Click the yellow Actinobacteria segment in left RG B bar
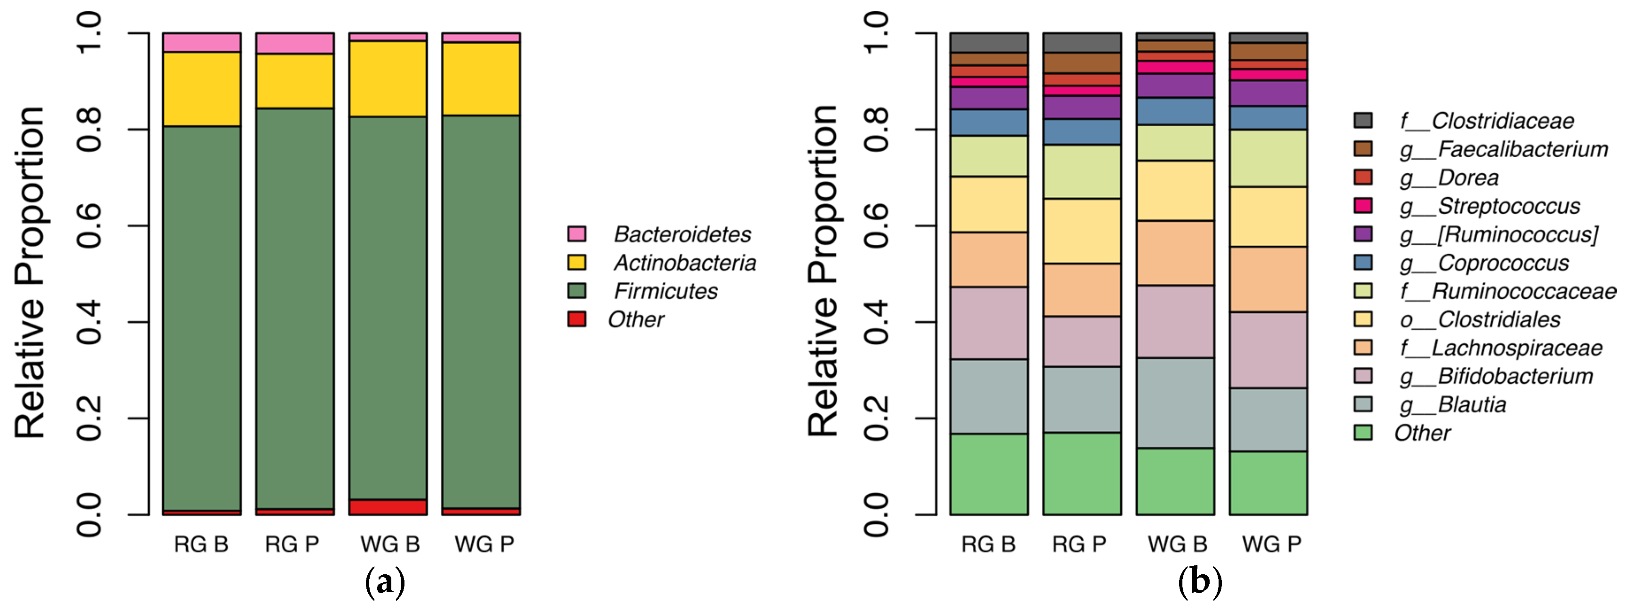click(x=201, y=89)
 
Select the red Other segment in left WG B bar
click(x=388, y=507)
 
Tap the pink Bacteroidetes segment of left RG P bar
click(x=294, y=43)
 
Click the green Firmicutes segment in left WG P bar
click(x=481, y=311)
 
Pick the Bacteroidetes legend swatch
click(x=577, y=234)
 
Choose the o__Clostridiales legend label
click(x=1480, y=320)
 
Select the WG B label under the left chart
click(x=389, y=544)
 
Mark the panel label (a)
click(x=385, y=582)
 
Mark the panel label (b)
click(x=1199, y=582)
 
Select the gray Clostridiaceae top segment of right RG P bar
click(x=1081, y=42)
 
